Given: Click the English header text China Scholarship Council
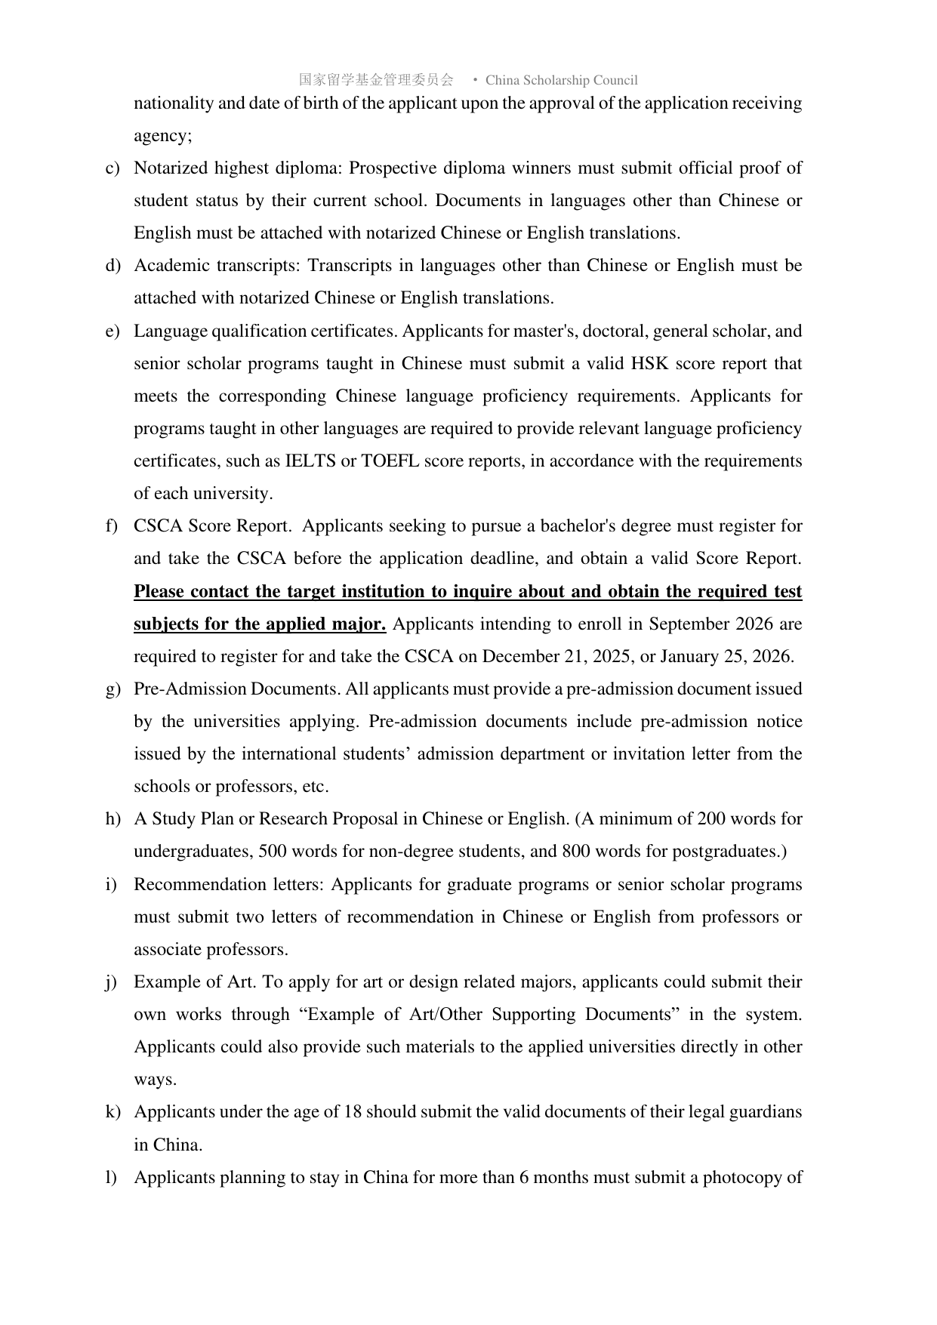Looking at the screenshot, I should click(x=561, y=80).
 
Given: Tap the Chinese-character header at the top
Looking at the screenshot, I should click(x=376, y=80).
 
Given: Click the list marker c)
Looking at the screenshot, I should click(x=112, y=168).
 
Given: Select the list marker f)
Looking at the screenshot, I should click(x=112, y=526).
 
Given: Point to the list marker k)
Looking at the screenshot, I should click(x=113, y=1112).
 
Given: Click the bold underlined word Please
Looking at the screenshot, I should click(x=159, y=591).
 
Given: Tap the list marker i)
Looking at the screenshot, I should click(x=111, y=885).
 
